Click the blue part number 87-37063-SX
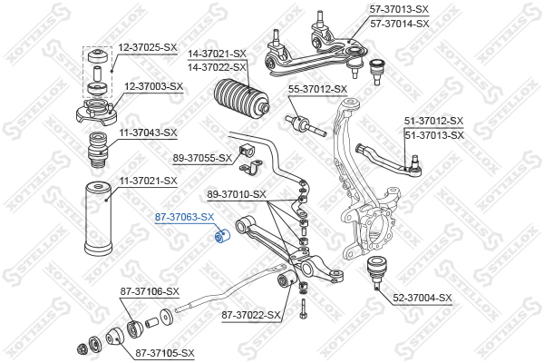click(x=184, y=217)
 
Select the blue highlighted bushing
click(x=222, y=235)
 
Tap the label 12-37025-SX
click(x=148, y=47)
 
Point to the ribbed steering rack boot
click(x=241, y=98)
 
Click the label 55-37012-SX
click(x=318, y=89)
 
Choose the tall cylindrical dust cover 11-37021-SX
click(x=98, y=219)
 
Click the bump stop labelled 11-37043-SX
click(x=98, y=150)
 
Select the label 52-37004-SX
click(x=423, y=298)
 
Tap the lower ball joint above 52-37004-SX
click(x=375, y=271)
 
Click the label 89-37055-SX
click(x=202, y=159)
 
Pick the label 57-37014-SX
click(x=400, y=24)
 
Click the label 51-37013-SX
click(x=434, y=135)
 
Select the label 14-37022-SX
click(x=217, y=67)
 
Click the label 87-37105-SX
click(x=165, y=353)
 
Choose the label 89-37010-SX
click(x=237, y=194)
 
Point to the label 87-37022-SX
click(x=251, y=316)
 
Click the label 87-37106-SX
click(x=150, y=291)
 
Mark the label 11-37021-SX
click(x=148, y=181)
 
